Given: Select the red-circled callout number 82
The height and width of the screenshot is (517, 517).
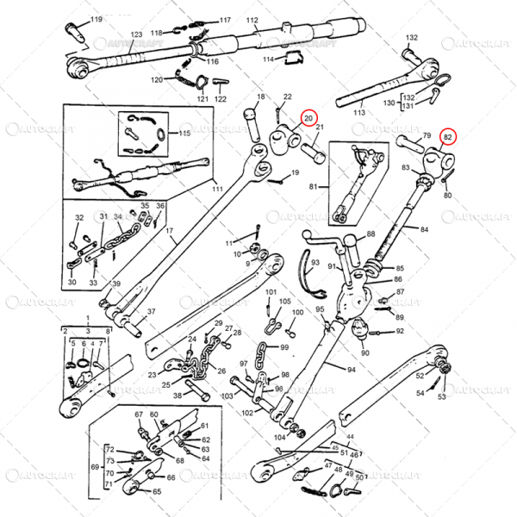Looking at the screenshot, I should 448,136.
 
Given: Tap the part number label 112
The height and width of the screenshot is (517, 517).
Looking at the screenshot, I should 252,19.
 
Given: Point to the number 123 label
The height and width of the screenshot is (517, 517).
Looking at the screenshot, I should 136,34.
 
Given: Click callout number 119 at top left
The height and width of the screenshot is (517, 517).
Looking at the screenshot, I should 96,19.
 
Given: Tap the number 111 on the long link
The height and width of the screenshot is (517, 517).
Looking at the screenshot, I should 217,189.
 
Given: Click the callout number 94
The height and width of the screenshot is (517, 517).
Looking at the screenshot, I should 351,370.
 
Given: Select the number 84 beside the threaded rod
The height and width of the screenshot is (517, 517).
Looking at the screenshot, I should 423,228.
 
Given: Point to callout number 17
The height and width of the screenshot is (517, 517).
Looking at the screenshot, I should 170,231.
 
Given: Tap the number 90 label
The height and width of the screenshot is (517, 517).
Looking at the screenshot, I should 365,353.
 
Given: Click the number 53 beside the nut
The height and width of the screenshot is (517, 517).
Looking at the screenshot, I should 442,397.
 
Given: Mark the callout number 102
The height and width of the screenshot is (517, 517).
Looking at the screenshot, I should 246,413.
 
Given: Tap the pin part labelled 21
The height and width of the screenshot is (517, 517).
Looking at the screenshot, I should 311,154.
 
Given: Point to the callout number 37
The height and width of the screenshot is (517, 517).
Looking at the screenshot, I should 151,312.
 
